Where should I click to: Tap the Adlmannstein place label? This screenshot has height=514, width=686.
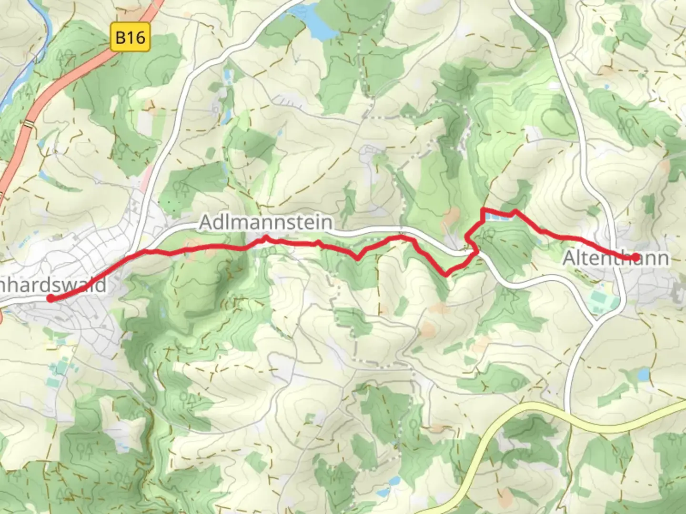pos(266,222)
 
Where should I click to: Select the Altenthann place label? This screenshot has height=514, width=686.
pos(615,258)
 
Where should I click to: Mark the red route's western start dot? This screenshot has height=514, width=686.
pos(50,298)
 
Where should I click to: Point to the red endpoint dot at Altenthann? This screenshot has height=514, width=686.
pos(635,257)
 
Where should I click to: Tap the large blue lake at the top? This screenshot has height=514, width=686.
pos(319,24)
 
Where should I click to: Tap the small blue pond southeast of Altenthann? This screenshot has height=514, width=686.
pos(643,376)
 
